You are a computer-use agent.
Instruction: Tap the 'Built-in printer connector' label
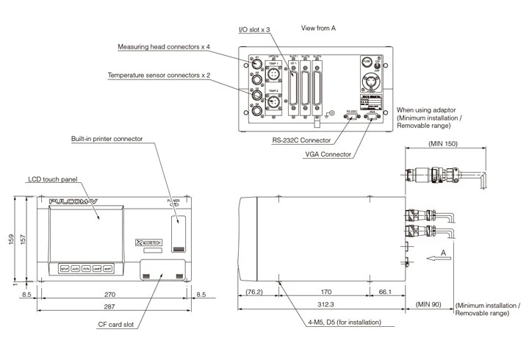(x=107, y=138)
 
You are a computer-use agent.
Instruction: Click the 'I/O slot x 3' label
(x=254, y=29)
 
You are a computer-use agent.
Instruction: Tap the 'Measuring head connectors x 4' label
(x=164, y=47)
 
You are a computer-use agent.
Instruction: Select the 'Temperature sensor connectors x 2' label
(x=159, y=76)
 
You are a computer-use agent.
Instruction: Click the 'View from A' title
(x=319, y=28)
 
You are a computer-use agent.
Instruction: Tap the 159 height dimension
(x=10, y=240)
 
